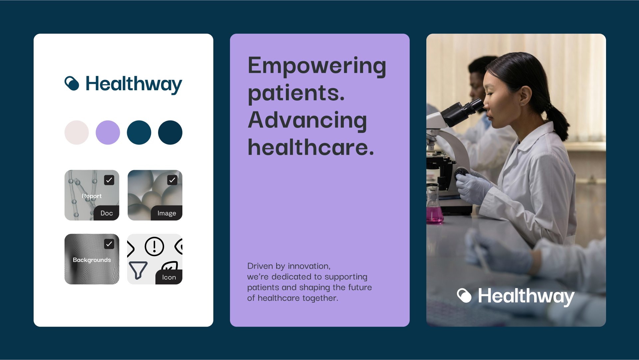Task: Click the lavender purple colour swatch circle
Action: pyautogui.click(x=108, y=133)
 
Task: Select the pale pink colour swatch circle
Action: pyautogui.click(x=77, y=133)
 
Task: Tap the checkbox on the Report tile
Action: pyautogui.click(x=109, y=180)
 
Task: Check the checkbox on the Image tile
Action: pyautogui.click(x=172, y=180)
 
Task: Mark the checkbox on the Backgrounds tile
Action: pyautogui.click(x=109, y=244)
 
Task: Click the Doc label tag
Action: pyautogui.click(x=106, y=213)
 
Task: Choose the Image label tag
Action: pyautogui.click(x=167, y=213)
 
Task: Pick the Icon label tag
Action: pyautogui.click(x=169, y=277)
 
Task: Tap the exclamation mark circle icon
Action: pyautogui.click(x=154, y=246)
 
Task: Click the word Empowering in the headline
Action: pyautogui.click(x=317, y=66)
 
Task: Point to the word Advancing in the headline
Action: pyautogui.click(x=308, y=120)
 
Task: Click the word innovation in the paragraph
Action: pyautogui.click(x=309, y=266)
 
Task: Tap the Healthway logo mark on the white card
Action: pyautogui.click(x=72, y=83)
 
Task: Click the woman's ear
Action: pyautogui.click(x=525, y=95)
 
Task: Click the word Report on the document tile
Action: pyautogui.click(x=92, y=196)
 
